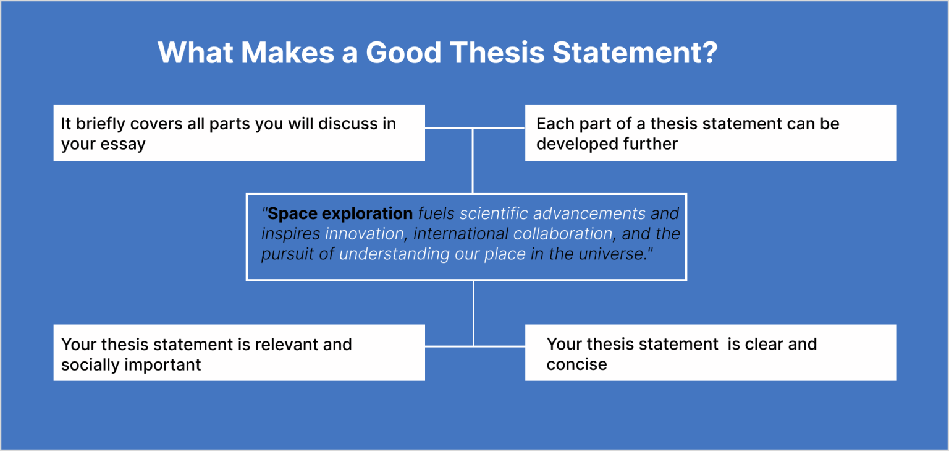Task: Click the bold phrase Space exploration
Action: pos(340,214)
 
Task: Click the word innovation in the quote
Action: pos(365,234)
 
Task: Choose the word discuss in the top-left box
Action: pos(347,124)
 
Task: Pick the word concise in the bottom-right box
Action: pos(576,364)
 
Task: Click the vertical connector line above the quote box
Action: pos(473,161)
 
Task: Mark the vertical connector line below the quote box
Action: pos(473,313)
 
